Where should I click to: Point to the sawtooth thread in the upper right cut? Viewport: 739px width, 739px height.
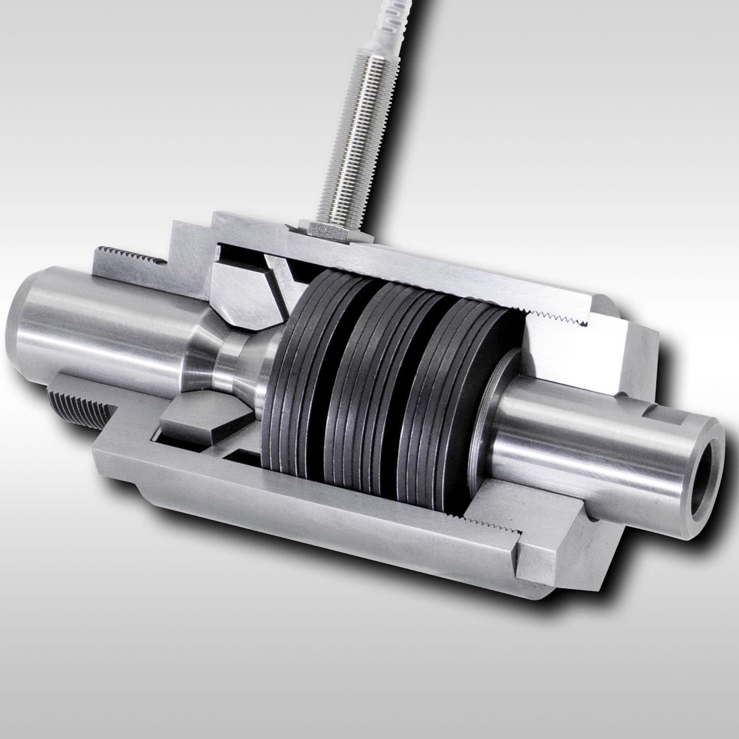pos(557,315)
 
